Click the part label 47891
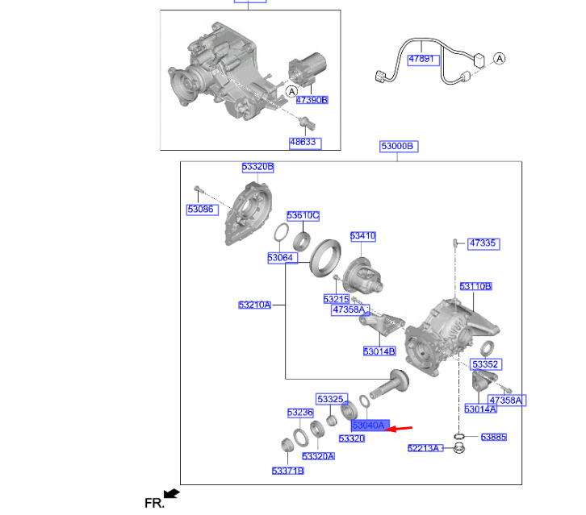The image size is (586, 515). (x=421, y=59)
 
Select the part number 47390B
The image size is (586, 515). (x=312, y=100)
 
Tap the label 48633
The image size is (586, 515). (x=305, y=143)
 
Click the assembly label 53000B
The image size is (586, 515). (x=397, y=146)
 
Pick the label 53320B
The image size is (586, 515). (x=257, y=167)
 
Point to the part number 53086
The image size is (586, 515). (x=201, y=209)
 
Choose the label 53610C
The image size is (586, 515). (x=303, y=215)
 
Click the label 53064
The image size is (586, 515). (x=280, y=257)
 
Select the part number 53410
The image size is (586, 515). (x=362, y=236)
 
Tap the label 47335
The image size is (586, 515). (x=483, y=243)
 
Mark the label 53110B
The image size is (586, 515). (x=475, y=286)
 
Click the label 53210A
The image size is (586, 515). (x=254, y=305)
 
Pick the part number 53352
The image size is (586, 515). (x=486, y=363)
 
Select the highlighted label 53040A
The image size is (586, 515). (x=370, y=425)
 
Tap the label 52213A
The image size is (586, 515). (x=423, y=448)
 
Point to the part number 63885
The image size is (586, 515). (x=493, y=437)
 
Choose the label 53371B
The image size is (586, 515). (x=287, y=471)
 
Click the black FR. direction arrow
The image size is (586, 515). (x=171, y=494)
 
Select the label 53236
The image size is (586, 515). (x=299, y=412)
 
